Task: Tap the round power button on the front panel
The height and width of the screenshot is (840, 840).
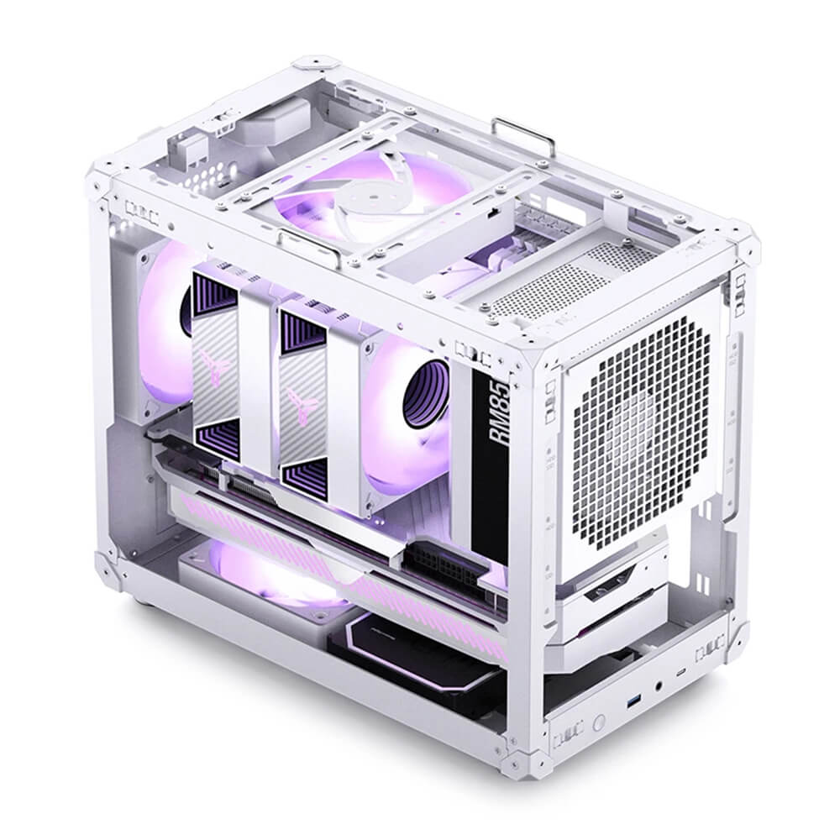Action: click(598, 722)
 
